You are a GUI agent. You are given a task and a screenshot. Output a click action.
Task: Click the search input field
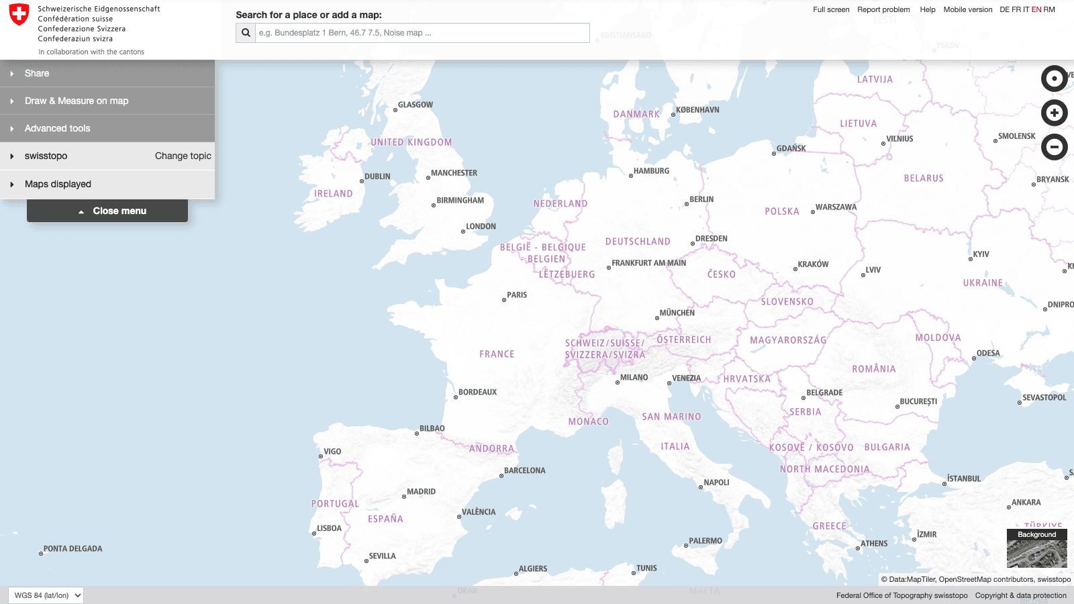click(x=422, y=33)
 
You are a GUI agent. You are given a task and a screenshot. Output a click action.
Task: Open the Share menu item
click(x=37, y=73)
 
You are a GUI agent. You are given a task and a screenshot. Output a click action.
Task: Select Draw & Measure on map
click(x=77, y=101)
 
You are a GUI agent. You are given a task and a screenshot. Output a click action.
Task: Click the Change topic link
click(x=183, y=156)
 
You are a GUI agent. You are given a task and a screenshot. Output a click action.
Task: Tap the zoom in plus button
click(x=1054, y=113)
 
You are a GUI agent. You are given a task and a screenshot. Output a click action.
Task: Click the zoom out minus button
click(x=1054, y=147)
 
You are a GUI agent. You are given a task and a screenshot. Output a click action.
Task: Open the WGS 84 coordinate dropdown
click(x=46, y=595)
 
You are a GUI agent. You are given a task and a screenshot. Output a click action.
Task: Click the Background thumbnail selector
click(x=1036, y=549)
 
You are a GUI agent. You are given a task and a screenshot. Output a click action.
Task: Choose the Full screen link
click(x=831, y=9)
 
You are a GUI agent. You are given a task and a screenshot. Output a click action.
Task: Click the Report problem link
click(x=883, y=9)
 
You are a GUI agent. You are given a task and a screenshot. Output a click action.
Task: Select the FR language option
click(x=1016, y=9)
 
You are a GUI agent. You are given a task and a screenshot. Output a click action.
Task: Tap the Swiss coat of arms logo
click(x=19, y=15)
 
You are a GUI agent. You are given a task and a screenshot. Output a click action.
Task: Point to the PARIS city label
click(x=517, y=295)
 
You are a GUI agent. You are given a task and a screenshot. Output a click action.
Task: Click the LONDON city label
click(x=481, y=226)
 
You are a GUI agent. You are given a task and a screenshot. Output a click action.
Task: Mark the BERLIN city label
click(x=701, y=199)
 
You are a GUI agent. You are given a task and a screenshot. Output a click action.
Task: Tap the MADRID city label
click(x=421, y=492)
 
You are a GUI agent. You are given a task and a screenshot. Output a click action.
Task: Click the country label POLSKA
click(x=782, y=211)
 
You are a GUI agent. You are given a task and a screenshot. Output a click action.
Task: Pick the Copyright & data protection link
click(x=1020, y=595)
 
